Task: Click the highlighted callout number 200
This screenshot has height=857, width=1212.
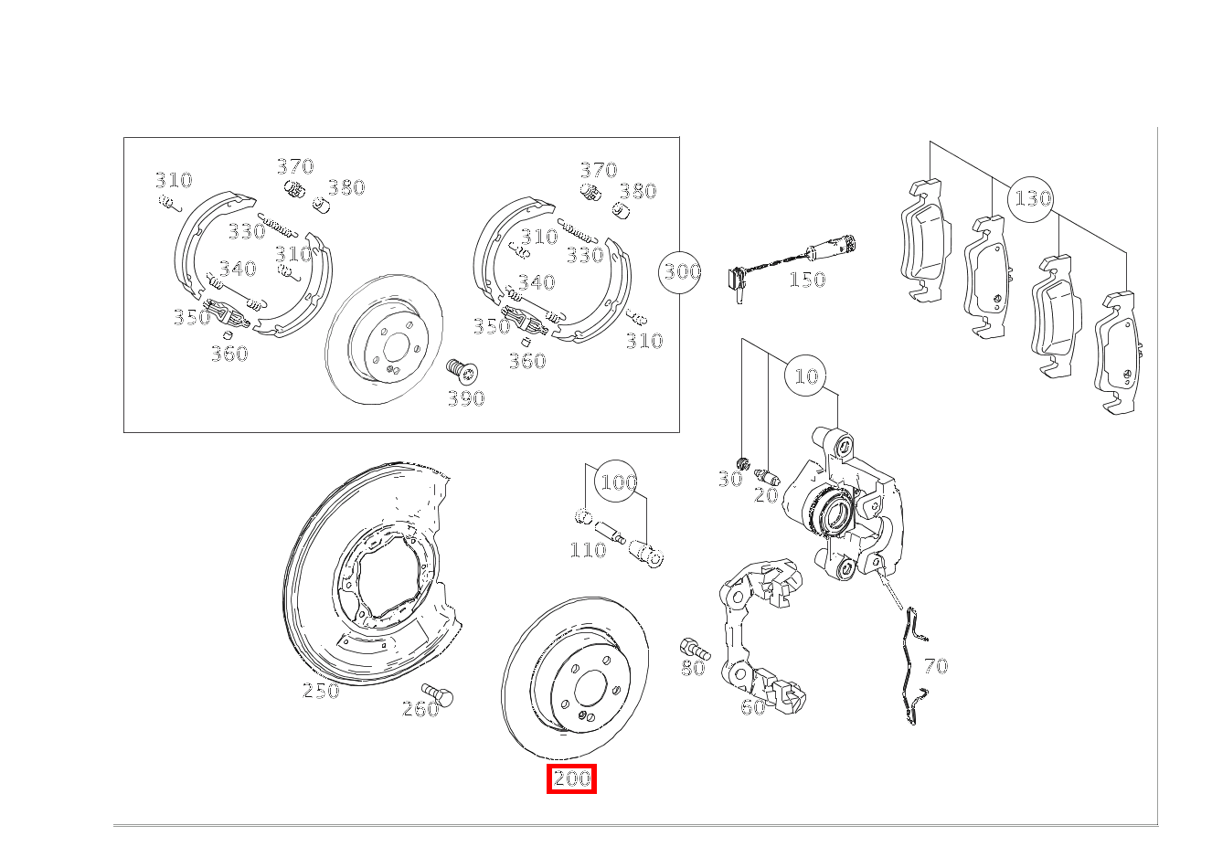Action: [x=571, y=779]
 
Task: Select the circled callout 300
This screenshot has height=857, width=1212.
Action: [x=682, y=271]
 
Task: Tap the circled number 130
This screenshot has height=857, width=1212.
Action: [x=1033, y=198]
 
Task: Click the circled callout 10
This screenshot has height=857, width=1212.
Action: [x=806, y=376]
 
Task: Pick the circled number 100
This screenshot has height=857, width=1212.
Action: [x=618, y=481]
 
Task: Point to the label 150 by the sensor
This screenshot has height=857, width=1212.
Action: [x=806, y=280]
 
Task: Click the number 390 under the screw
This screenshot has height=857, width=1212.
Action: [x=465, y=398]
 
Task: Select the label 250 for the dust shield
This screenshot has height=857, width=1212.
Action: [x=321, y=691]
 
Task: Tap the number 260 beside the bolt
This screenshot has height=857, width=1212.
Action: [x=420, y=709]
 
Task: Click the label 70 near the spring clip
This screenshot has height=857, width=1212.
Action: [x=936, y=666]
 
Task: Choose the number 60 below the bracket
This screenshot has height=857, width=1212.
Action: [x=752, y=707]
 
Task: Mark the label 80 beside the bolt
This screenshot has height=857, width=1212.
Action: [x=693, y=668]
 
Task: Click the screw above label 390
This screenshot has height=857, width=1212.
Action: [x=462, y=371]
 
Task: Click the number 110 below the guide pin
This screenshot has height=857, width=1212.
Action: [x=588, y=550]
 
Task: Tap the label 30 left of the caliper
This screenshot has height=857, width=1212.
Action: [x=729, y=479]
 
